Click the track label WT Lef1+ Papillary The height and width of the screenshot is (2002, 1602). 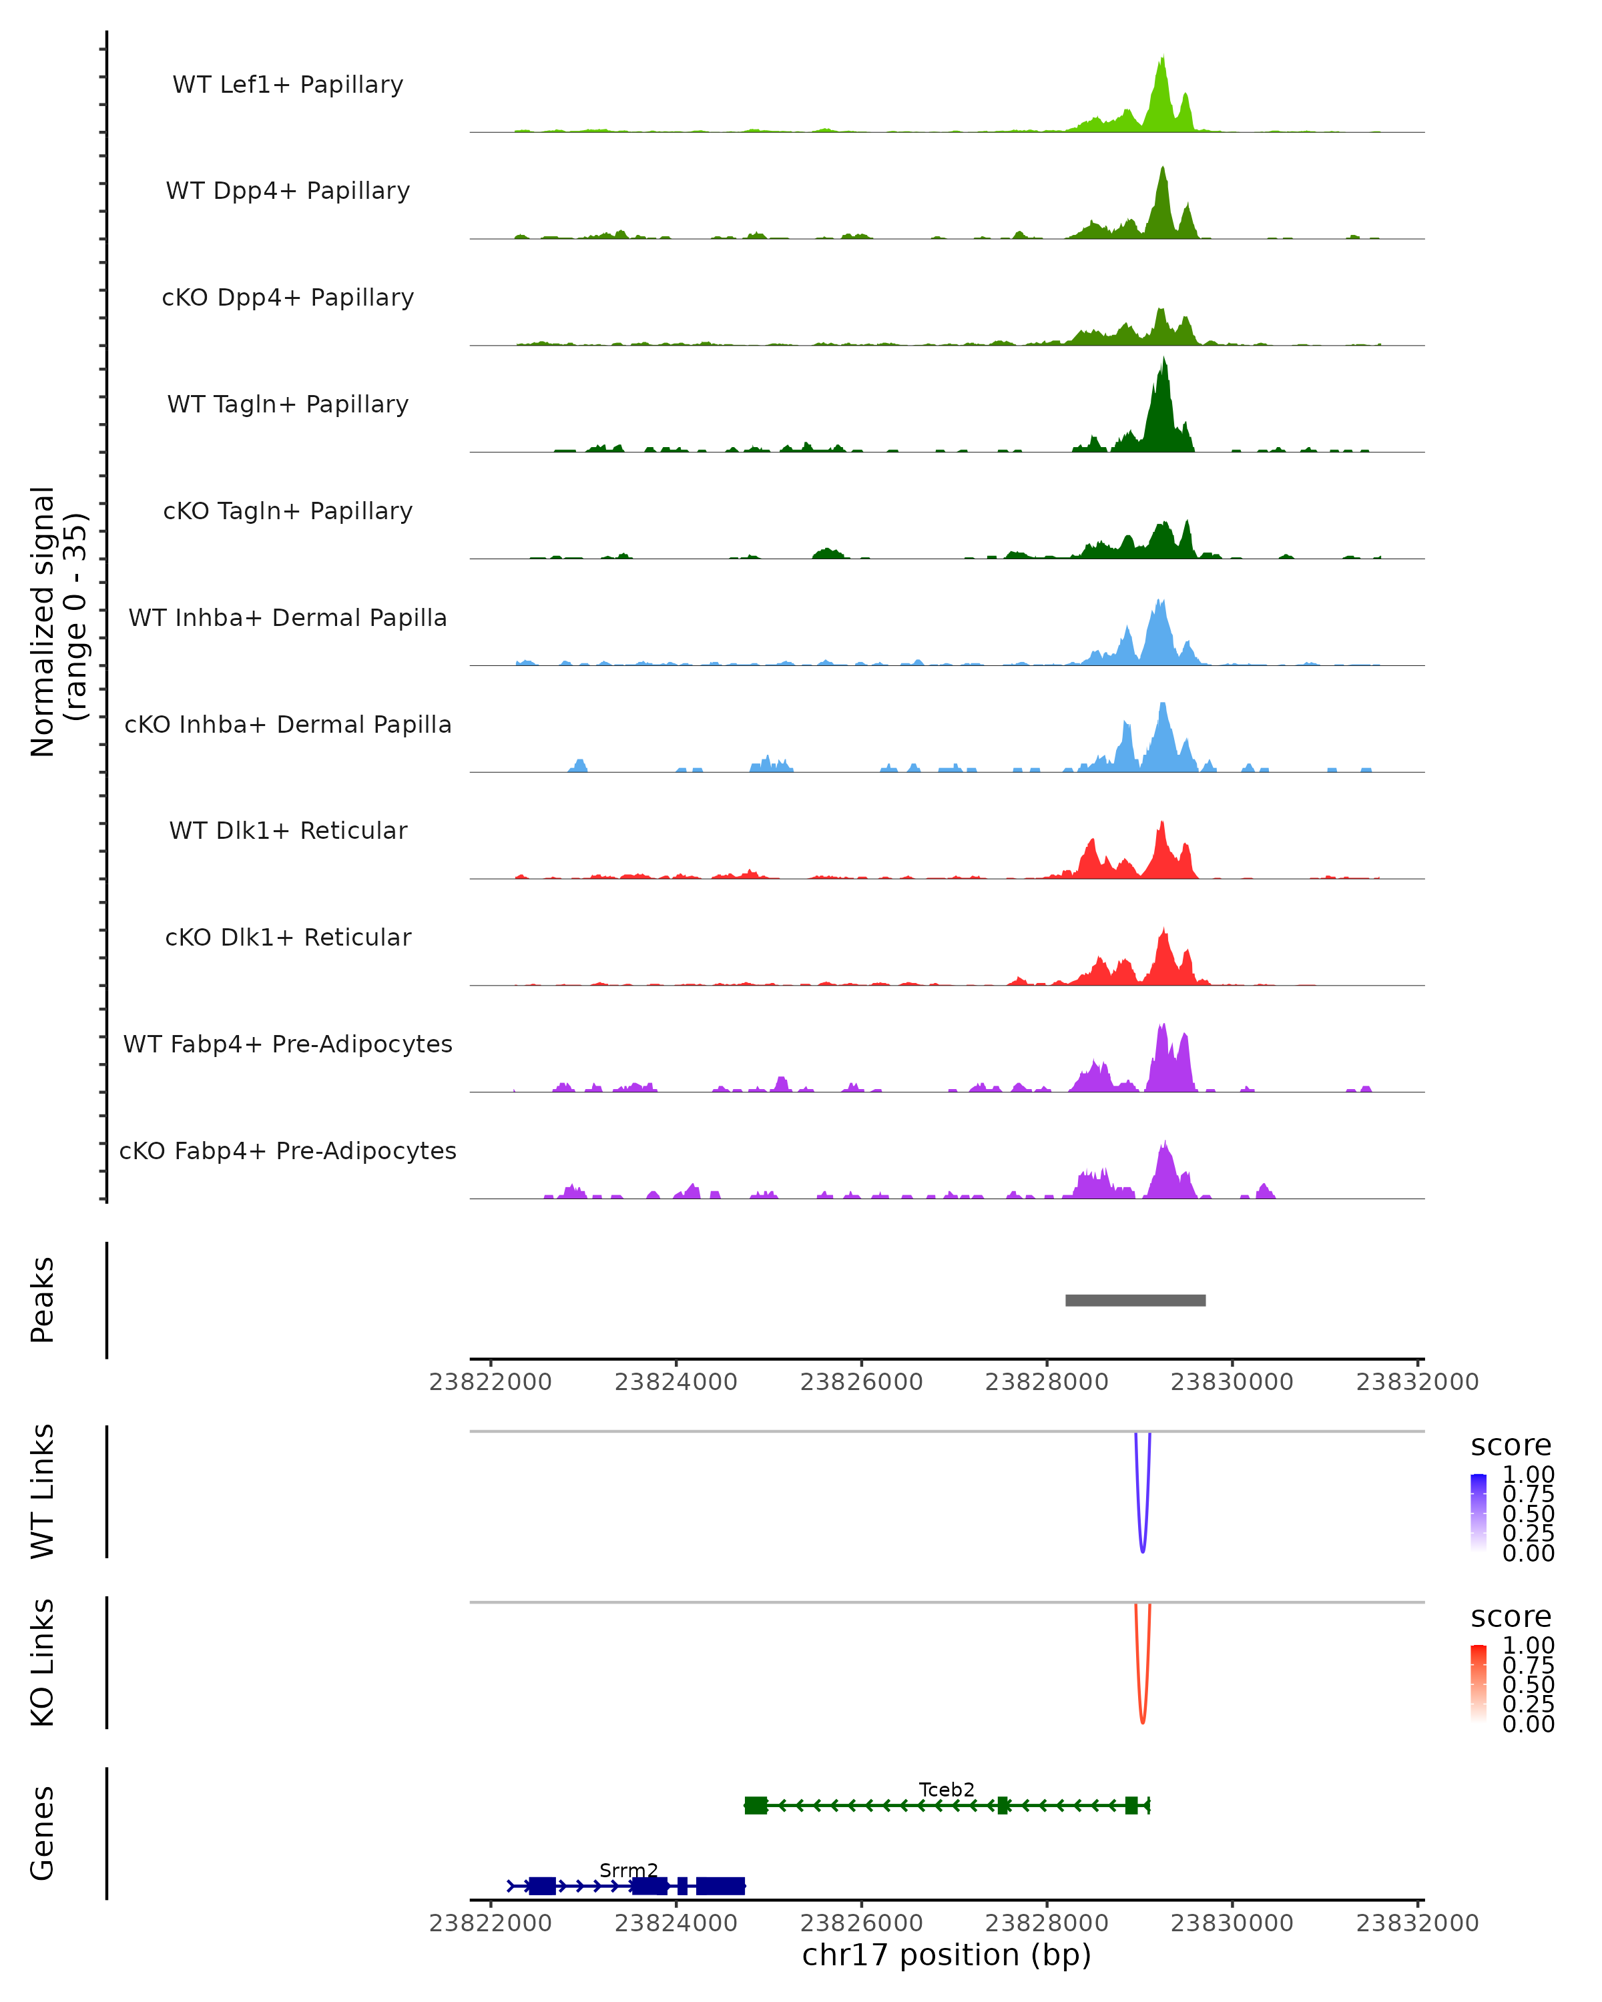(x=288, y=85)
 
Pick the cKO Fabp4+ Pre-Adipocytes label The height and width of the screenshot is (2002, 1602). (x=288, y=1150)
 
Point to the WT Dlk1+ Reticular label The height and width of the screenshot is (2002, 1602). (x=288, y=830)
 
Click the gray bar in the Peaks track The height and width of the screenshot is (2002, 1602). (x=1135, y=1300)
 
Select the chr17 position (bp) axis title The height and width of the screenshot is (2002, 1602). (x=947, y=1955)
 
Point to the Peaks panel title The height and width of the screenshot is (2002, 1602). (x=43, y=1300)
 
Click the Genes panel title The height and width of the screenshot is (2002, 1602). (x=43, y=1833)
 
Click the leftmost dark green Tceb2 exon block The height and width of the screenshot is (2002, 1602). (x=756, y=1805)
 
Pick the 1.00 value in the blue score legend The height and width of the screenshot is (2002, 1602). (x=1528, y=1475)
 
